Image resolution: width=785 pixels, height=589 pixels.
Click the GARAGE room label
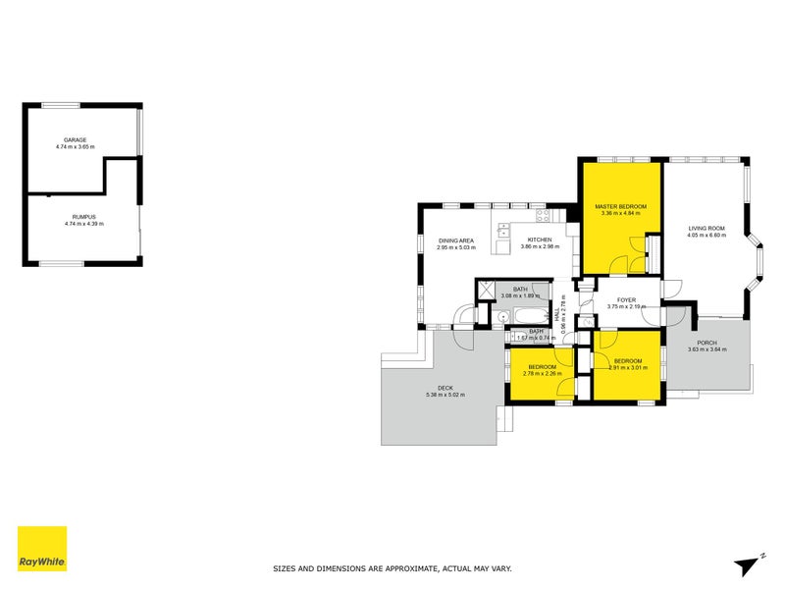pyautogui.click(x=76, y=139)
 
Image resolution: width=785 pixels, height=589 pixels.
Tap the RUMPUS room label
pyautogui.click(x=83, y=217)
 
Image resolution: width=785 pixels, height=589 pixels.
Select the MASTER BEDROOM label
pyautogui.click(x=620, y=205)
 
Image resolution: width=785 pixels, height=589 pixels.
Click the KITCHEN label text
pyautogui.click(x=540, y=240)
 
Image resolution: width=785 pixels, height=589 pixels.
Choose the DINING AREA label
pyautogui.click(x=456, y=241)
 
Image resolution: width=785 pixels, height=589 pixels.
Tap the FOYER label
pyautogui.click(x=627, y=299)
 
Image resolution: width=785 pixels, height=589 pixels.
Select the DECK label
pyautogui.click(x=445, y=388)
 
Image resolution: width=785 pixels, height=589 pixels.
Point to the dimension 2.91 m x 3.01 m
pyautogui.click(x=628, y=367)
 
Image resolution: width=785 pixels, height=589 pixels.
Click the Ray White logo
pyautogui.click(x=42, y=549)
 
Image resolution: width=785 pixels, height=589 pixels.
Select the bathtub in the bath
pyautogui.click(x=525, y=316)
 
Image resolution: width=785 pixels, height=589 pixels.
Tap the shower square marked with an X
pyautogui.click(x=485, y=291)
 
